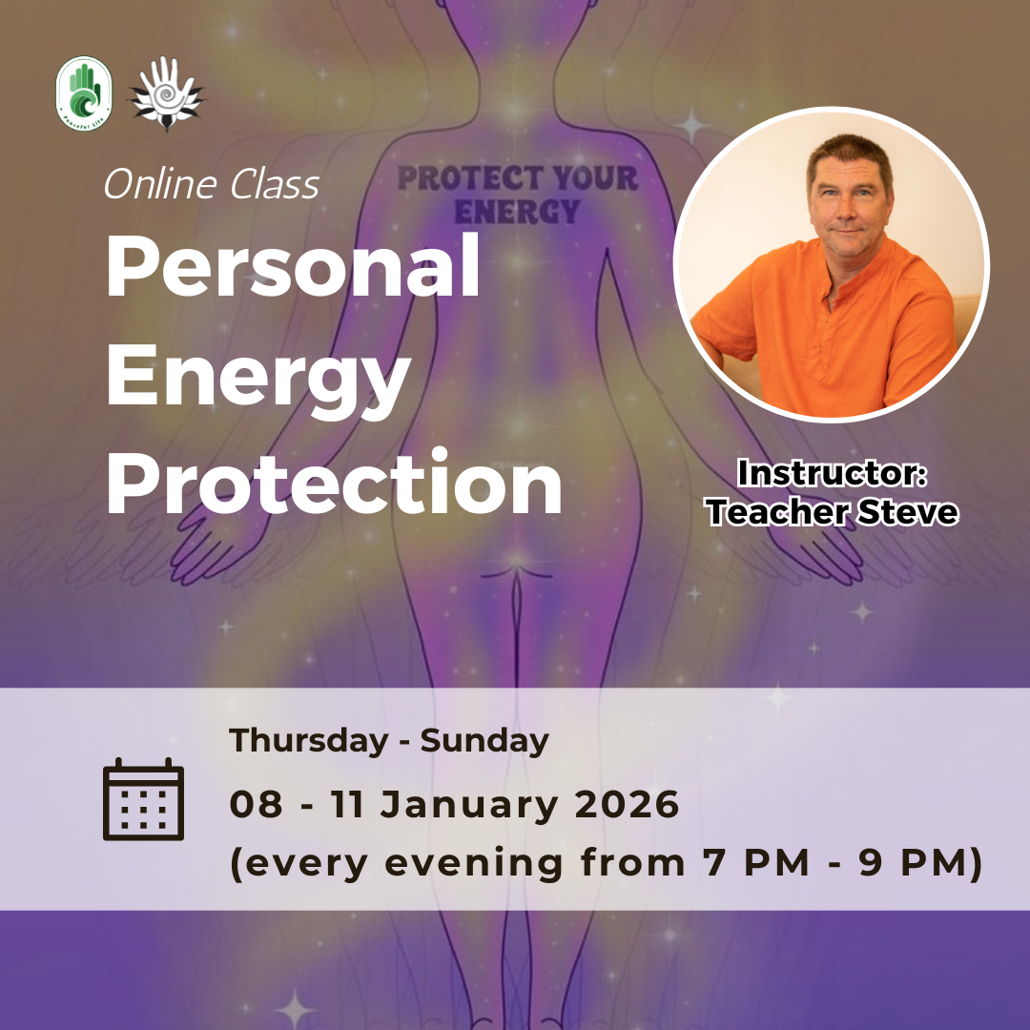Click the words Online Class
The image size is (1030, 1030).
211,184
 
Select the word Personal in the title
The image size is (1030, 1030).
293,268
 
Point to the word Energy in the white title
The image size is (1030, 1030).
257,378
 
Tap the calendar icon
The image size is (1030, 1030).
143,799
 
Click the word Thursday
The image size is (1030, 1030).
309,741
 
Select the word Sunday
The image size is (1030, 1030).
484,741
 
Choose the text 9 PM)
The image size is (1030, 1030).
929,863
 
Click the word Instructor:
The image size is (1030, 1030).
833,474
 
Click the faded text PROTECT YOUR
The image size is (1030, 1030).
516,178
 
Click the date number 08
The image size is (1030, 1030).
257,804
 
